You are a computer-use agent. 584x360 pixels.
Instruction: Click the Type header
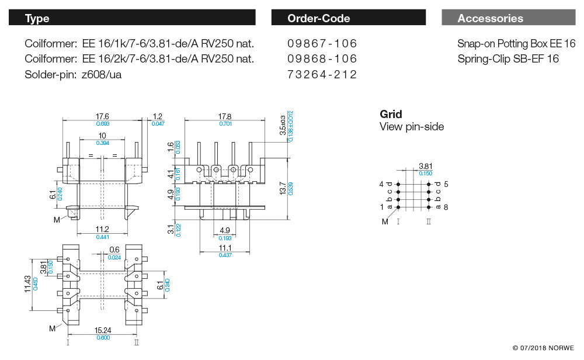point(37,18)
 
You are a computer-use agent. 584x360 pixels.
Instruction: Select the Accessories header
point(490,18)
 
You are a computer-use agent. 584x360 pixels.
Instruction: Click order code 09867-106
point(322,44)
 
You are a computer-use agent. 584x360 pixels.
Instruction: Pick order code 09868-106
point(322,59)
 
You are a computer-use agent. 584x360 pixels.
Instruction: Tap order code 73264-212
point(322,75)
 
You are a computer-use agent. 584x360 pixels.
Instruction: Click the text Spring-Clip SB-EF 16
point(508,59)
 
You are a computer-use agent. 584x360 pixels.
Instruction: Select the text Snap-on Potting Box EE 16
point(516,44)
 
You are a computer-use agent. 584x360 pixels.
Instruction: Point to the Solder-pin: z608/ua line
point(73,75)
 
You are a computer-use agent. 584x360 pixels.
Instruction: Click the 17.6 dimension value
point(102,117)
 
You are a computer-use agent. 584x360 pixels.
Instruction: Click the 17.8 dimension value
point(224,117)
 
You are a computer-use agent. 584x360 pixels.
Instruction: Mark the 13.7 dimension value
point(283,189)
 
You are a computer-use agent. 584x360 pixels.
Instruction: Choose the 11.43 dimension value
point(28,285)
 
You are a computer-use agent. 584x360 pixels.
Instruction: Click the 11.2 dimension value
point(102,230)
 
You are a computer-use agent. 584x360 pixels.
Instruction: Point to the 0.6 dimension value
point(114,251)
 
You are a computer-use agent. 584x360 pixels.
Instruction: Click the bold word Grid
point(391,115)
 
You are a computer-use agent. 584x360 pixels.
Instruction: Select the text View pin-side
point(412,127)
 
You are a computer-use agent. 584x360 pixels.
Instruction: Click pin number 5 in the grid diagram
point(446,184)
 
